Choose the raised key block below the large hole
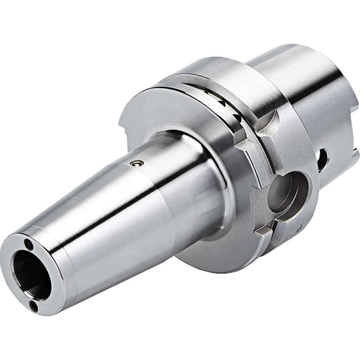point(264,231)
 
